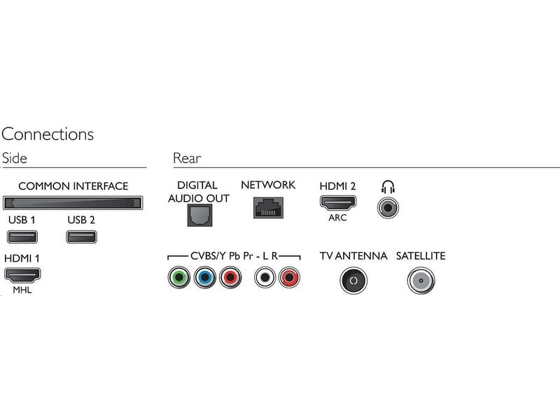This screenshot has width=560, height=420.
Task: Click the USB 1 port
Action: (22, 237)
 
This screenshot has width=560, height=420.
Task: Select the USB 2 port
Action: (81, 237)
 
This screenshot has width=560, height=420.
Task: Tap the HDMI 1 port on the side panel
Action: (22, 274)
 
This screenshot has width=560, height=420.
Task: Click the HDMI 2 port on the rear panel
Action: (338, 203)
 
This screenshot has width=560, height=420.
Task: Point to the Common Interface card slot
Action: (73, 203)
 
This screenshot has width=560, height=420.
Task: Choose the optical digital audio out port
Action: (199, 216)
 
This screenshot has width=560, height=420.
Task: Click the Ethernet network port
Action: (268, 207)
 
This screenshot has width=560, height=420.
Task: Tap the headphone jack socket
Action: (388, 207)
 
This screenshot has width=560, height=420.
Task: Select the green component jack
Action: (179, 277)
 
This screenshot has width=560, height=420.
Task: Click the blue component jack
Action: (205, 277)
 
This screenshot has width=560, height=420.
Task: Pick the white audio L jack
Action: (265, 277)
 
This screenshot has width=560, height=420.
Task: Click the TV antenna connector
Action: (353, 281)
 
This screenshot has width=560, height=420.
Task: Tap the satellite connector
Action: (421, 281)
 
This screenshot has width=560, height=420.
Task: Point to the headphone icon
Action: (388, 187)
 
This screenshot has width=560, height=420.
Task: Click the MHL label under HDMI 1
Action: (22, 290)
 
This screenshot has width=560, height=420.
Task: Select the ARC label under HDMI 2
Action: (337, 218)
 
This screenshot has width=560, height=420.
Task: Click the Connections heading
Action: (48, 134)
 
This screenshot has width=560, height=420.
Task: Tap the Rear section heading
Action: (187, 158)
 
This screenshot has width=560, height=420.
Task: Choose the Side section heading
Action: (14, 158)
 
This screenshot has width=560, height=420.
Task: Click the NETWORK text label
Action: (268, 185)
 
